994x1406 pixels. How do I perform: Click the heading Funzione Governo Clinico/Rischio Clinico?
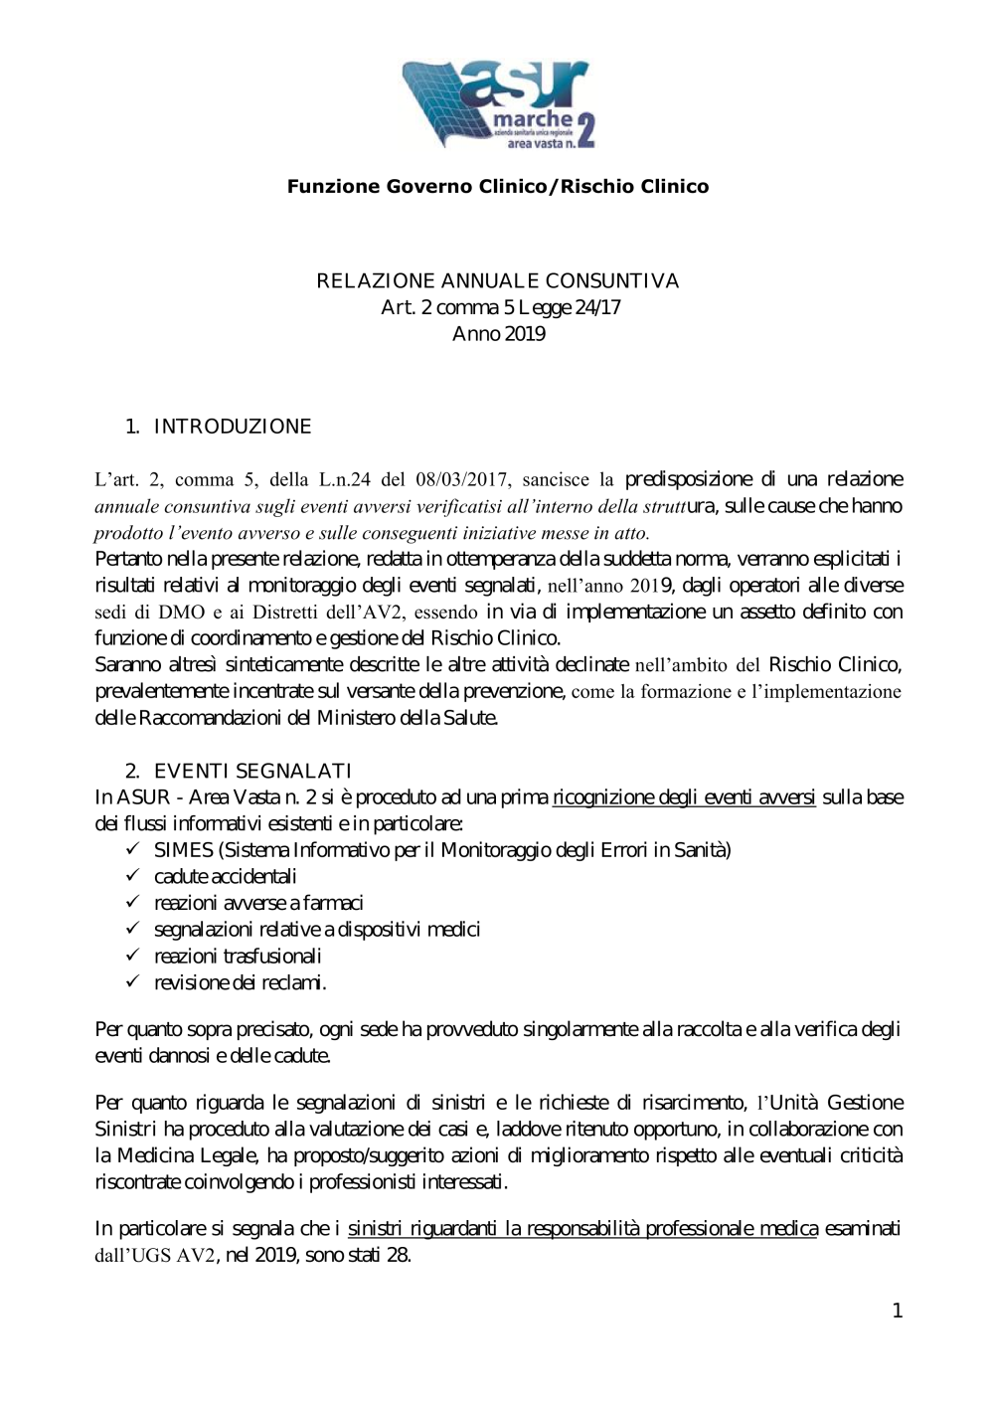(x=498, y=187)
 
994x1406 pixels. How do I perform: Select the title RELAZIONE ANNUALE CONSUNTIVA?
(x=498, y=281)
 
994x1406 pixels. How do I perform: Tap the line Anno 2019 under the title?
(x=498, y=334)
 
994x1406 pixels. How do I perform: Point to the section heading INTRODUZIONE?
(x=233, y=428)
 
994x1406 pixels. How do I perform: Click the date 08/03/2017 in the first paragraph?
(x=460, y=480)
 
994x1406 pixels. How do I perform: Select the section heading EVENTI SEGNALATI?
(x=252, y=772)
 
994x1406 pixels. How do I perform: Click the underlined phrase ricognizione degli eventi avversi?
(x=684, y=797)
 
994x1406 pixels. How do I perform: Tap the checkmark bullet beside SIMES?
(x=132, y=849)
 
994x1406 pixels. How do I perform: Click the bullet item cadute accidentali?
(x=225, y=877)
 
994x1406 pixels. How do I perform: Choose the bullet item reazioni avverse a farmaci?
(x=258, y=904)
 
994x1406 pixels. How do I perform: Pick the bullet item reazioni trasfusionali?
(x=238, y=957)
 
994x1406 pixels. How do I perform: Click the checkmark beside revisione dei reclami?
(x=132, y=982)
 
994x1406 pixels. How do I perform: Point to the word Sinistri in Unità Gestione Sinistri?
(x=125, y=1130)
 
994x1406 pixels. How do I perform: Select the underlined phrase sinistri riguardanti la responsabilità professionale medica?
(x=582, y=1229)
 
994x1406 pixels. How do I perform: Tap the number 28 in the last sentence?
(x=398, y=1256)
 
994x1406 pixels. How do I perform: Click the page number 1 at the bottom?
(x=898, y=1312)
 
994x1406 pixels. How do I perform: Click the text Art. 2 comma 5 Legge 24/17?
(x=501, y=308)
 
